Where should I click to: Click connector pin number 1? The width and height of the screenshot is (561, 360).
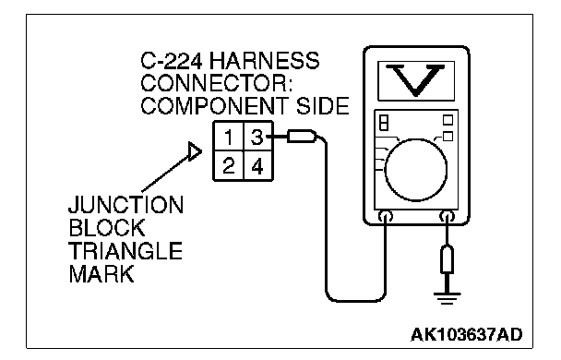point(228,137)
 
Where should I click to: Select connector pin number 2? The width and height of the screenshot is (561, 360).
point(229,166)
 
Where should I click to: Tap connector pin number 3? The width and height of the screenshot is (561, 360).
point(257,137)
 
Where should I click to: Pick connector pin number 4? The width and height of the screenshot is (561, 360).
point(257,166)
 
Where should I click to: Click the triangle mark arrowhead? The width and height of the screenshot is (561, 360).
point(195,151)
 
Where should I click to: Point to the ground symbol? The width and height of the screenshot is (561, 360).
point(447,298)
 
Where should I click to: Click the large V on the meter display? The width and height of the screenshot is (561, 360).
point(416,80)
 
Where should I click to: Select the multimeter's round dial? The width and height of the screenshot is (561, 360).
point(416,170)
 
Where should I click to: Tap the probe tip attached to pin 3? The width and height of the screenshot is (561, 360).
point(302,137)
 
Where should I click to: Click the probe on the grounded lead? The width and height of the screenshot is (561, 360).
point(448,258)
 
